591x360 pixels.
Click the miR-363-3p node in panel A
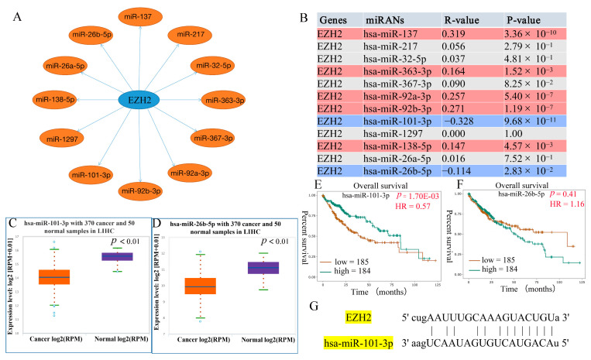tap(225, 100)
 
